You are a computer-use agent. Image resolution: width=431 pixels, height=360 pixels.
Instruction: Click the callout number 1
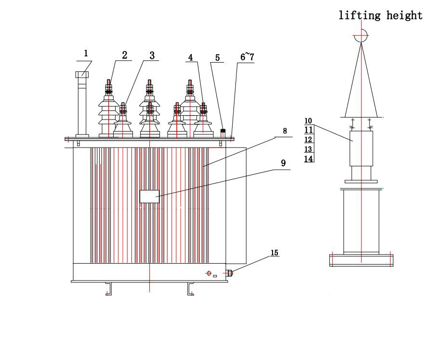[x=86, y=53]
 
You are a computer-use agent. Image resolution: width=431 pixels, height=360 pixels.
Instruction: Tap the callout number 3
[x=152, y=55]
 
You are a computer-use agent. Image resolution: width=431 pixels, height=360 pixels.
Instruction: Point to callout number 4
[x=191, y=57]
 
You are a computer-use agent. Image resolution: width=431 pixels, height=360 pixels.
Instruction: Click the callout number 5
[x=217, y=58]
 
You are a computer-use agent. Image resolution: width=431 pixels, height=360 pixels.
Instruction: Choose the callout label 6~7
[x=247, y=57]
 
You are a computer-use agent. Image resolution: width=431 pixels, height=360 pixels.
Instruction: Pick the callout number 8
[x=285, y=131]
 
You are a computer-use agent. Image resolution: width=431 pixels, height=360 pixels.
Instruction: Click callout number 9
[x=283, y=163]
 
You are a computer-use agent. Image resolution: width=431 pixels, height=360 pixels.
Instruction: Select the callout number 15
[x=274, y=253]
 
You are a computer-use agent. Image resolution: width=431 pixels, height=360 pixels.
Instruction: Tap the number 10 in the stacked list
[x=309, y=121]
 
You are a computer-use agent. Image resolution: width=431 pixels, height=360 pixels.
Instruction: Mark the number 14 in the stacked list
[x=309, y=158]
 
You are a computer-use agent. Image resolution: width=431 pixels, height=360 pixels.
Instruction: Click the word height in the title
[x=405, y=15]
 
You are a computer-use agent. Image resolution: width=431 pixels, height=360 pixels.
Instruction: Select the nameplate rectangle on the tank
[x=149, y=196]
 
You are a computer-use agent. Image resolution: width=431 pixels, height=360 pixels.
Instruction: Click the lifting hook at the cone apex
[x=361, y=36]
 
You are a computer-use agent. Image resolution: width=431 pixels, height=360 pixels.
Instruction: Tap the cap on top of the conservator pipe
[x=82, y=75]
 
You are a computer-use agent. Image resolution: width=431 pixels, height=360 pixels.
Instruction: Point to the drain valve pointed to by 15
[x=230, y=273]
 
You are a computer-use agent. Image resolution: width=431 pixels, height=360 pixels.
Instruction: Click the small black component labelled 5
[x=223, y=131]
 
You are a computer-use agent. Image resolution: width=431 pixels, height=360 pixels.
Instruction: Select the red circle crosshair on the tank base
[x=209, y=273]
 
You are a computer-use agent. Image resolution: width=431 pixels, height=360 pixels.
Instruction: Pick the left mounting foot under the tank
[x=109, y=289]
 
